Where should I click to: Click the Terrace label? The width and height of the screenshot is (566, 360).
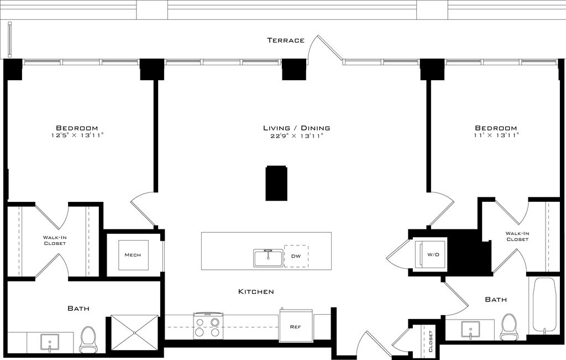click(x=286, y=40)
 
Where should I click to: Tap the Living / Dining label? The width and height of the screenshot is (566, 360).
click(x=296, y=128)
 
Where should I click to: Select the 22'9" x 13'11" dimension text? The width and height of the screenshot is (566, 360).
click(x=296, y=136)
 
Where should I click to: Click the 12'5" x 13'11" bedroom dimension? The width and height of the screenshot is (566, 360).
click(x=77, y=135)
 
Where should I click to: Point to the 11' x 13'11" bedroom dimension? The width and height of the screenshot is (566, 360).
click(x=496, y=135)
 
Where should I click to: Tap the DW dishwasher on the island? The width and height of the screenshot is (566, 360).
click(x=296, y=257)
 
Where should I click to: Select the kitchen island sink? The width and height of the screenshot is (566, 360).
click(x=268, y=258)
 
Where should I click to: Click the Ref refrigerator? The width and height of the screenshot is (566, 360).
click(x=296, y=326)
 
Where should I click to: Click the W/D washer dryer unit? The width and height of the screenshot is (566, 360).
click(x=431, y=254)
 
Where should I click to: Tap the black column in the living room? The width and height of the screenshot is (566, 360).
click(x=276, y=184)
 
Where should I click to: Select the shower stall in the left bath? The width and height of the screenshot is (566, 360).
click(x=134, y=332)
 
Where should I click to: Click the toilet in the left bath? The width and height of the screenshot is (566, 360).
click(x=87, y=340)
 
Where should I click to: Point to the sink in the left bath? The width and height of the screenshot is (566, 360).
click(x=50, y=342)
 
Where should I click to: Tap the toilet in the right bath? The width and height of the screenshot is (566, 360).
click(x=509, y=327)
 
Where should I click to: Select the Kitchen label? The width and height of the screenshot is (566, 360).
click(x=256, y=291)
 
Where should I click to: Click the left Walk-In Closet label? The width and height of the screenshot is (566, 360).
click(x=55, y=241)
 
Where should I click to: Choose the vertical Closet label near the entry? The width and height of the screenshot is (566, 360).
click(x=430, y=341)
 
